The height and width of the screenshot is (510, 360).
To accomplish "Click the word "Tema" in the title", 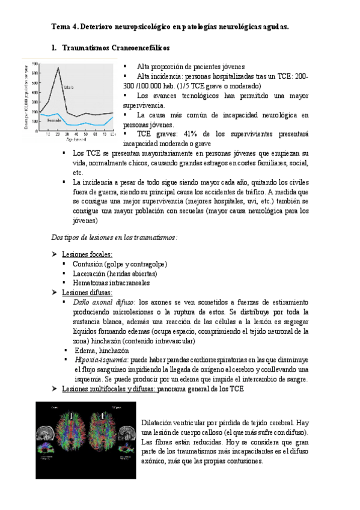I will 60,27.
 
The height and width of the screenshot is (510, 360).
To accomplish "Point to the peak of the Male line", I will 58,68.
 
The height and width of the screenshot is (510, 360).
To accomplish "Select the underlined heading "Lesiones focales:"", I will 87,254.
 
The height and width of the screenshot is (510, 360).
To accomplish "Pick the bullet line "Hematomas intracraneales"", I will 111,283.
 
